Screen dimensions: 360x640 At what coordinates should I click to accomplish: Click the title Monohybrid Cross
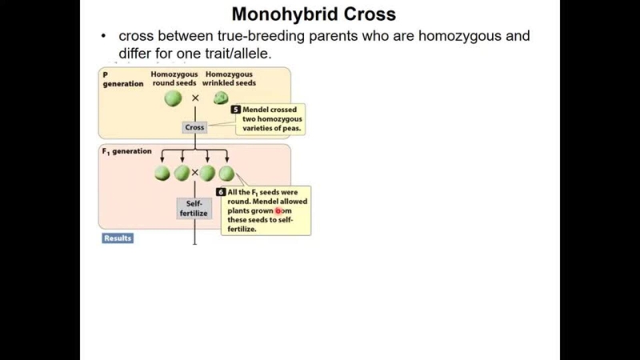[x=314, y=14]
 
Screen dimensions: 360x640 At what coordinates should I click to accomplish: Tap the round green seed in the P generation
[x=174, y=98]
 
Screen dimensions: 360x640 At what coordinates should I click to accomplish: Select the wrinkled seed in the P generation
[x=221, y=98]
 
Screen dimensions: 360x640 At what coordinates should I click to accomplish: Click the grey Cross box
[x=195, y=127]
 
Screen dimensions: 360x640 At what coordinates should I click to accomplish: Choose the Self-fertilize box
[x=194, y=209]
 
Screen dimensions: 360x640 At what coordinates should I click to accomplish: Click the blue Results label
[x=118, y=238]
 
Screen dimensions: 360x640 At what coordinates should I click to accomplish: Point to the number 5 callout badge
[x=236, y=110]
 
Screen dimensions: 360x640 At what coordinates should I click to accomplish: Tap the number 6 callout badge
[x=222, y=192]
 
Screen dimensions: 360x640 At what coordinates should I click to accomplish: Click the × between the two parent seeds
[x=195, y=98]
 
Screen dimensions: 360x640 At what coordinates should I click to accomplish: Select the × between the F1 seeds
[x=194, y=173]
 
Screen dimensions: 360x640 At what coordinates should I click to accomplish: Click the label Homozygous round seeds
[x=174, y=78]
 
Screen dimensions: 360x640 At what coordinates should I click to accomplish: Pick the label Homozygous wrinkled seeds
[x=230, y=78]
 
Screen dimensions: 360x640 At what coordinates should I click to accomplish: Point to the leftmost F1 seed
[x=162, y=173]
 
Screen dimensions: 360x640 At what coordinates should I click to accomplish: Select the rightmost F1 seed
[x=226, y=173]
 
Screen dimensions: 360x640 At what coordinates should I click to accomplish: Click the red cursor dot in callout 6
[x=279, y=211]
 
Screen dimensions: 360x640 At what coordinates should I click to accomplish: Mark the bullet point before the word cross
[x=104, y=37]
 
